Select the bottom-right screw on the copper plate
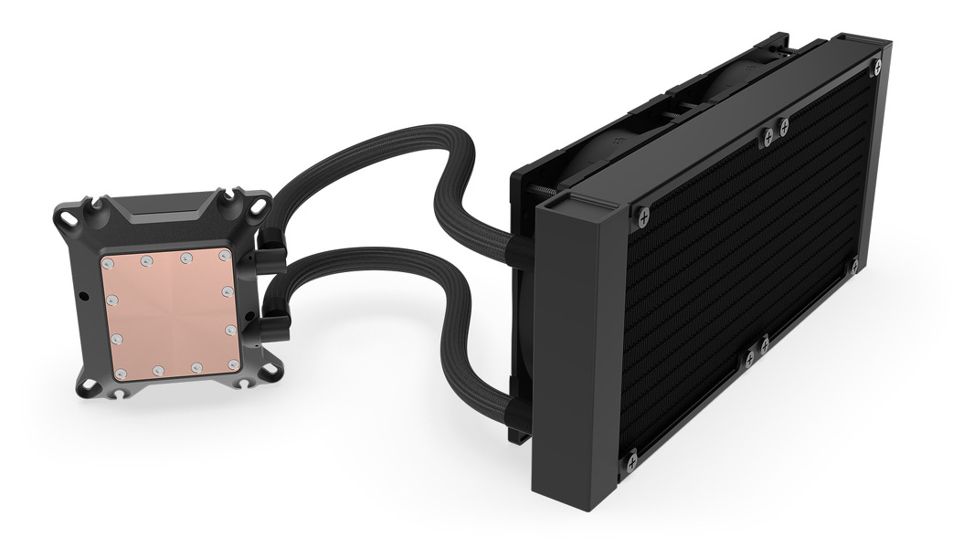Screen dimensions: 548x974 (x=234, y=364)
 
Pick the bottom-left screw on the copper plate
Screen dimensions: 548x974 (x=121, y=373)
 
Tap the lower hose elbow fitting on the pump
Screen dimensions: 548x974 (x=276, y=324)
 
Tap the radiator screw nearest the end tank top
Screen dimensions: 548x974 (x=643, y=216)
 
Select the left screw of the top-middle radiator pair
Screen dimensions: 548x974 (x=768, y=137)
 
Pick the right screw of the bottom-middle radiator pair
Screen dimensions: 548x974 (x=765, y=344)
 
